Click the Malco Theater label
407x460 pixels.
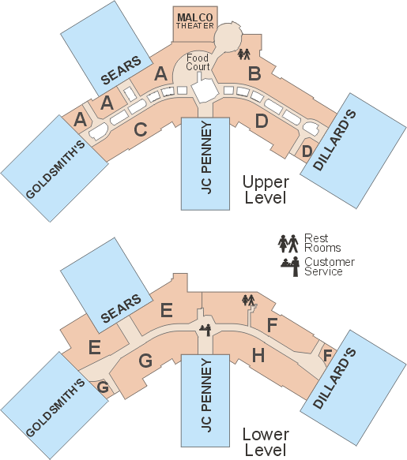195,21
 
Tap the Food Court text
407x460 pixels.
198,62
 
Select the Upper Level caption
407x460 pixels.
266,189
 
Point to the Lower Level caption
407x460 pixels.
266,442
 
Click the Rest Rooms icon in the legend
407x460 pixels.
288,243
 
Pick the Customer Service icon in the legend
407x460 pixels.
290,267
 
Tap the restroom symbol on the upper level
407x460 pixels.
244,54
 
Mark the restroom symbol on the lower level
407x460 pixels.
248,300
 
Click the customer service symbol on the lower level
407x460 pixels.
205,330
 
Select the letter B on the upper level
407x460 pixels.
254,73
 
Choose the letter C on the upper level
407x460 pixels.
141,129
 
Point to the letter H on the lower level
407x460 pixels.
258,355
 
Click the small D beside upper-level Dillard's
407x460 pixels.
307,151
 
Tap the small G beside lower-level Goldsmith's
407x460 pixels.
103,387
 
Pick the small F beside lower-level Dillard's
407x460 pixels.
327,355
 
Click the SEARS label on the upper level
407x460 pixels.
121,70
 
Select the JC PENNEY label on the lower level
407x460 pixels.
206,396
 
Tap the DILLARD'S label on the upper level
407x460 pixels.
334,140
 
